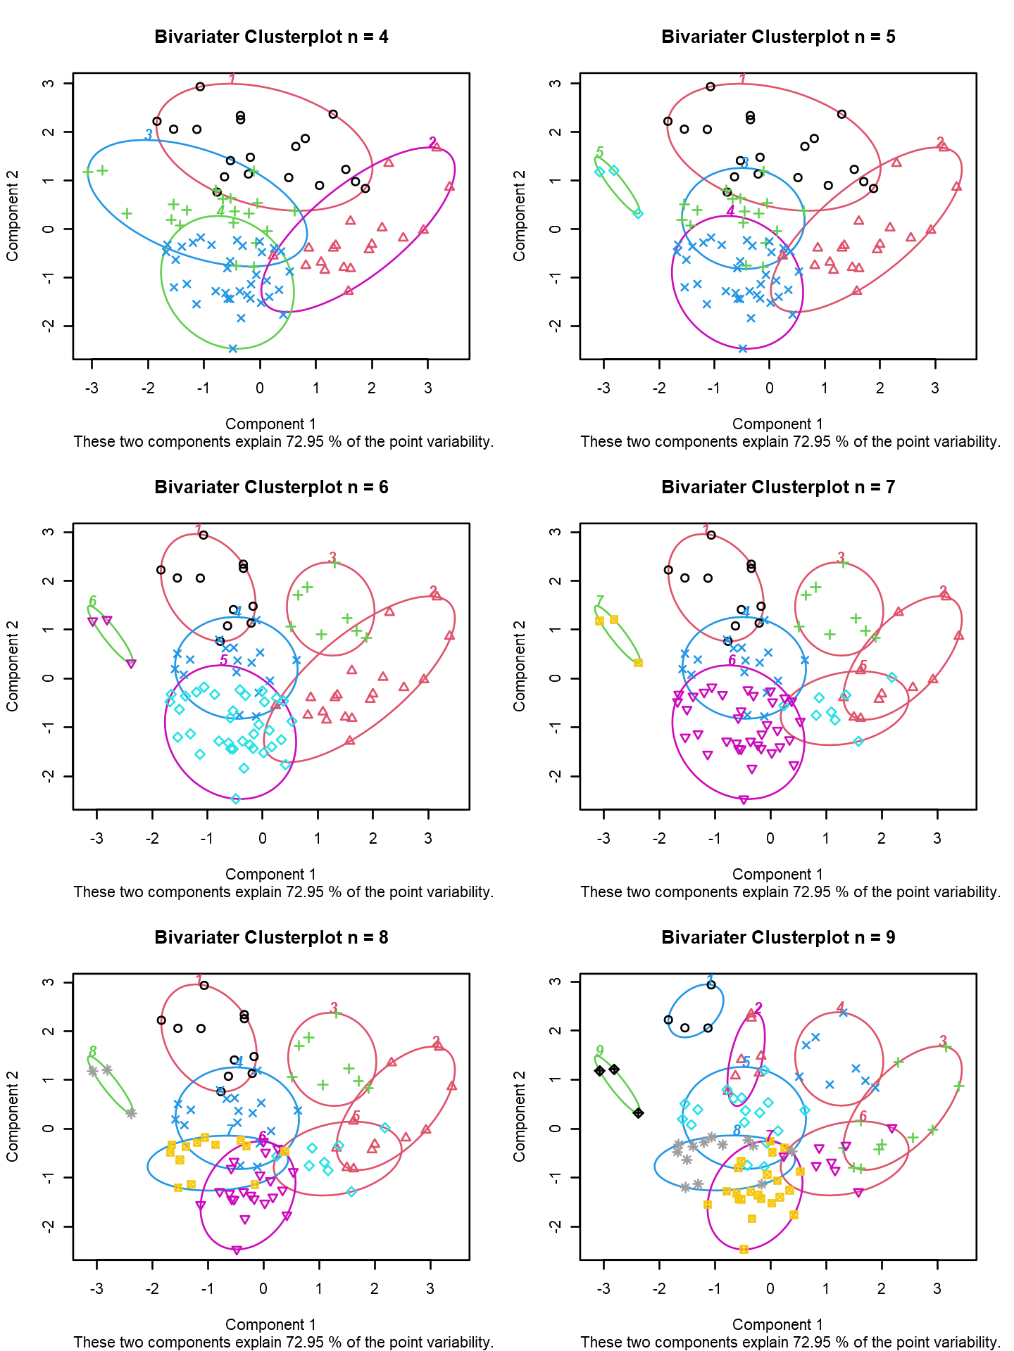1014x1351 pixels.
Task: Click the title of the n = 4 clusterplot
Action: [x=271, y=37]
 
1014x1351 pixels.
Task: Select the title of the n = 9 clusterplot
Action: [x=778, y=938]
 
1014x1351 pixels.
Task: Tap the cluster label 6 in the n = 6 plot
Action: [x=93, y=602]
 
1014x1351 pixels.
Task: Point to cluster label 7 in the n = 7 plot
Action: [x=600, y=601]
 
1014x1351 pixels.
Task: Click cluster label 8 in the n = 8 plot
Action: [x=93, y=1052]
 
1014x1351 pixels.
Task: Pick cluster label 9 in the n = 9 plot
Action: [x=600, y=1051]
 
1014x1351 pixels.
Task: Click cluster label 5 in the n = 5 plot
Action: [x=600, y=152]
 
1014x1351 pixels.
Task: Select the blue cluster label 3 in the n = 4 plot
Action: [x=149, y=134]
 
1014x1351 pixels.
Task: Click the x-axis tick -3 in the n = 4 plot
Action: [x=92, y=388]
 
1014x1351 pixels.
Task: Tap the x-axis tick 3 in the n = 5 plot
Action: [x=935, y=388]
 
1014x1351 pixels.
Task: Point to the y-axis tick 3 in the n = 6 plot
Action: [x=48, y=532]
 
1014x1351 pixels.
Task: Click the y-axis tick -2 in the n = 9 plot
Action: [x=555, y=1226]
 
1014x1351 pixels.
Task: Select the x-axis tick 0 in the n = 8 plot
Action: [x=263, y=1289]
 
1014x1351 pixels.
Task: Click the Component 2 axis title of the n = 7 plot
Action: [x=520, y=666]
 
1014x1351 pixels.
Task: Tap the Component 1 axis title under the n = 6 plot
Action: [x=270, y=875]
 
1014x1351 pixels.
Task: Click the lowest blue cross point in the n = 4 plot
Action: [x=233, y=348]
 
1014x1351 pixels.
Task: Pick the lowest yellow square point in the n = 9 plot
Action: [x=744, y=1249]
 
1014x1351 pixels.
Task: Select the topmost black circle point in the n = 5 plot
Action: [x=711, y=87]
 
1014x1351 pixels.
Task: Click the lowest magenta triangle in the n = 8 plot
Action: [x=237, y=1250]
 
